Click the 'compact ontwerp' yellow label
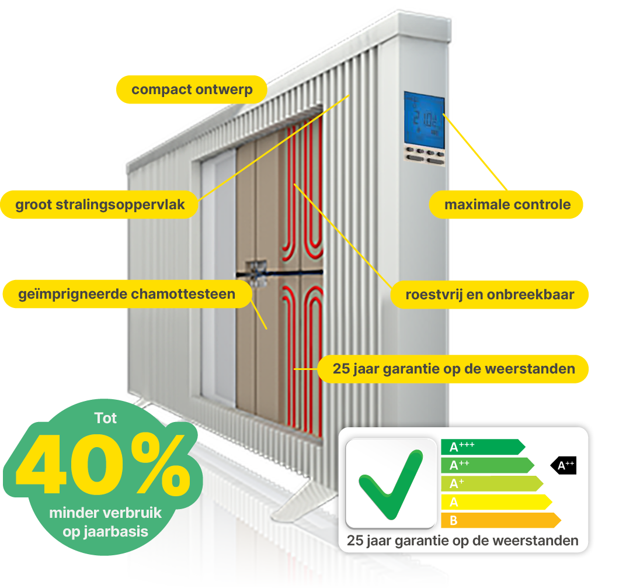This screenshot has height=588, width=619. pyautogui.click(x=192, y=90)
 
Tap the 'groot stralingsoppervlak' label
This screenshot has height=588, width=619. pyautogui.click(x=100, y=205)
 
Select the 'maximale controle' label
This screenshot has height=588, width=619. pyautogui.click(x=507, y=205)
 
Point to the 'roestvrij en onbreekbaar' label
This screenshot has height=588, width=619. pyautogui.click(x=489, y=295)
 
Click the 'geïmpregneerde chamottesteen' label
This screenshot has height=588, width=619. pyautogui.click(x=127, y=294)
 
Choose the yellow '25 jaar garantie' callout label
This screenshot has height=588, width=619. pyautogui.click(x=453, y=369)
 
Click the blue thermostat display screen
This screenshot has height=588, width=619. pyautogui.click(x=423, y=120)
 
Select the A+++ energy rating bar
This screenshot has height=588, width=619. pyautogui.click(x=482, y=447)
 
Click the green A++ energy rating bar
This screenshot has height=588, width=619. pyautogui.click(x=486, y=465)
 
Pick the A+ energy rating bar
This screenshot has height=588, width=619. pyautogui.click(x=491, y=483)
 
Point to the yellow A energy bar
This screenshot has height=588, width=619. pyautogui.click(x=495, y=501)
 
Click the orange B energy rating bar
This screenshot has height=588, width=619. pyautogui.click(x=500, y=520)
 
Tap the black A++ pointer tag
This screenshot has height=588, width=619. pyautogui.click(x=564, y=465)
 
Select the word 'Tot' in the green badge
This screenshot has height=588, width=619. pyautogui.click(x=105, y=418)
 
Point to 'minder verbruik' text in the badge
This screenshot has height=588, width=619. pyautogui.click(x=105, y=514)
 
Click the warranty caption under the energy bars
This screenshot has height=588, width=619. pyautogui.click(x=462, y=541)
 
